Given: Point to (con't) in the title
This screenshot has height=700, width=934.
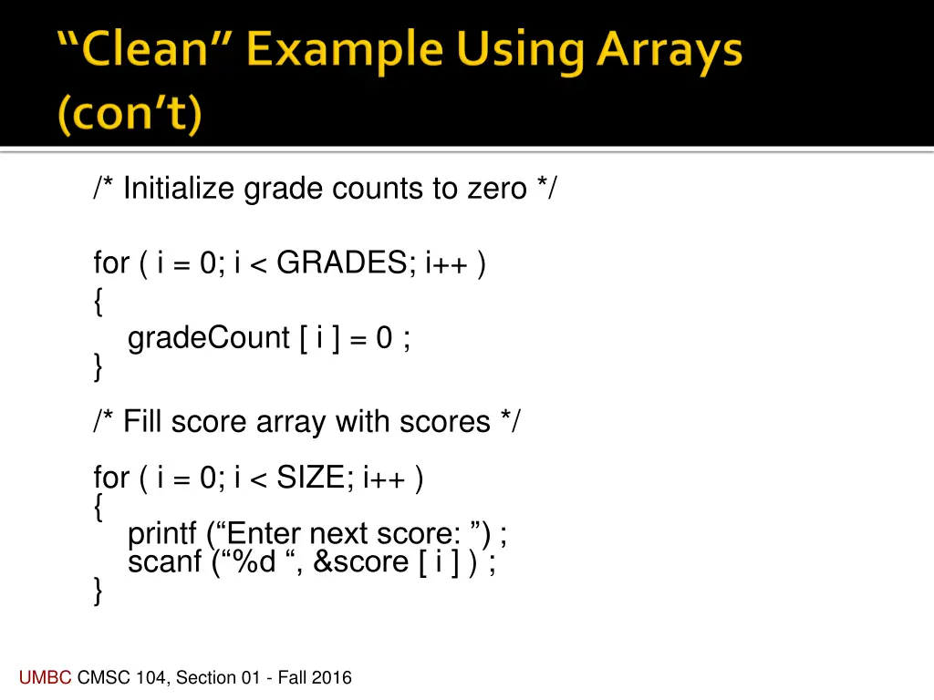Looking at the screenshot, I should [x=130, y=116].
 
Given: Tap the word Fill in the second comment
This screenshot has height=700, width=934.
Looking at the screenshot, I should [x=141, y=422].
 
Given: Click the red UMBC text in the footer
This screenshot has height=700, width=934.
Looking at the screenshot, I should [x=44, y=677].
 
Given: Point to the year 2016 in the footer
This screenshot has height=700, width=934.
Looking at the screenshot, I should [x=332, y=677].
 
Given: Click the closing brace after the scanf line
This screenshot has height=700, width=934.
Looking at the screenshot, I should [x=98, y=593].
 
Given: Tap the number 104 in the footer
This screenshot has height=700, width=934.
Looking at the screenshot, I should [x=149, y=677].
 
